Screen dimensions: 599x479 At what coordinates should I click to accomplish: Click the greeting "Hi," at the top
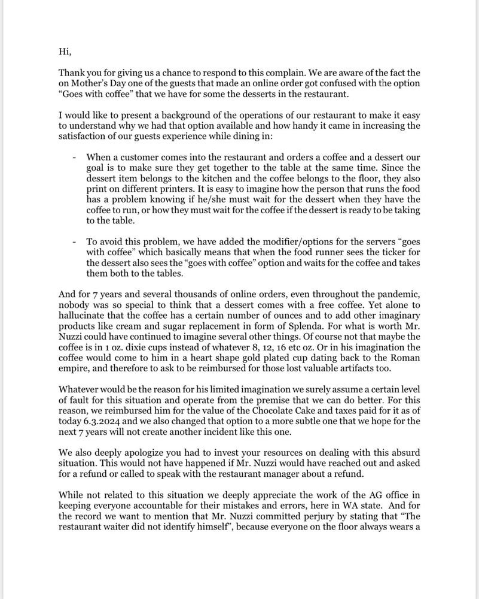tap(65, 52)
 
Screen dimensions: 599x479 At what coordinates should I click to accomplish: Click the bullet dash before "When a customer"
tap(74, 156)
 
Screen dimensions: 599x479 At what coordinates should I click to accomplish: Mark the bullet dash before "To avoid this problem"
tap(74, 241)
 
